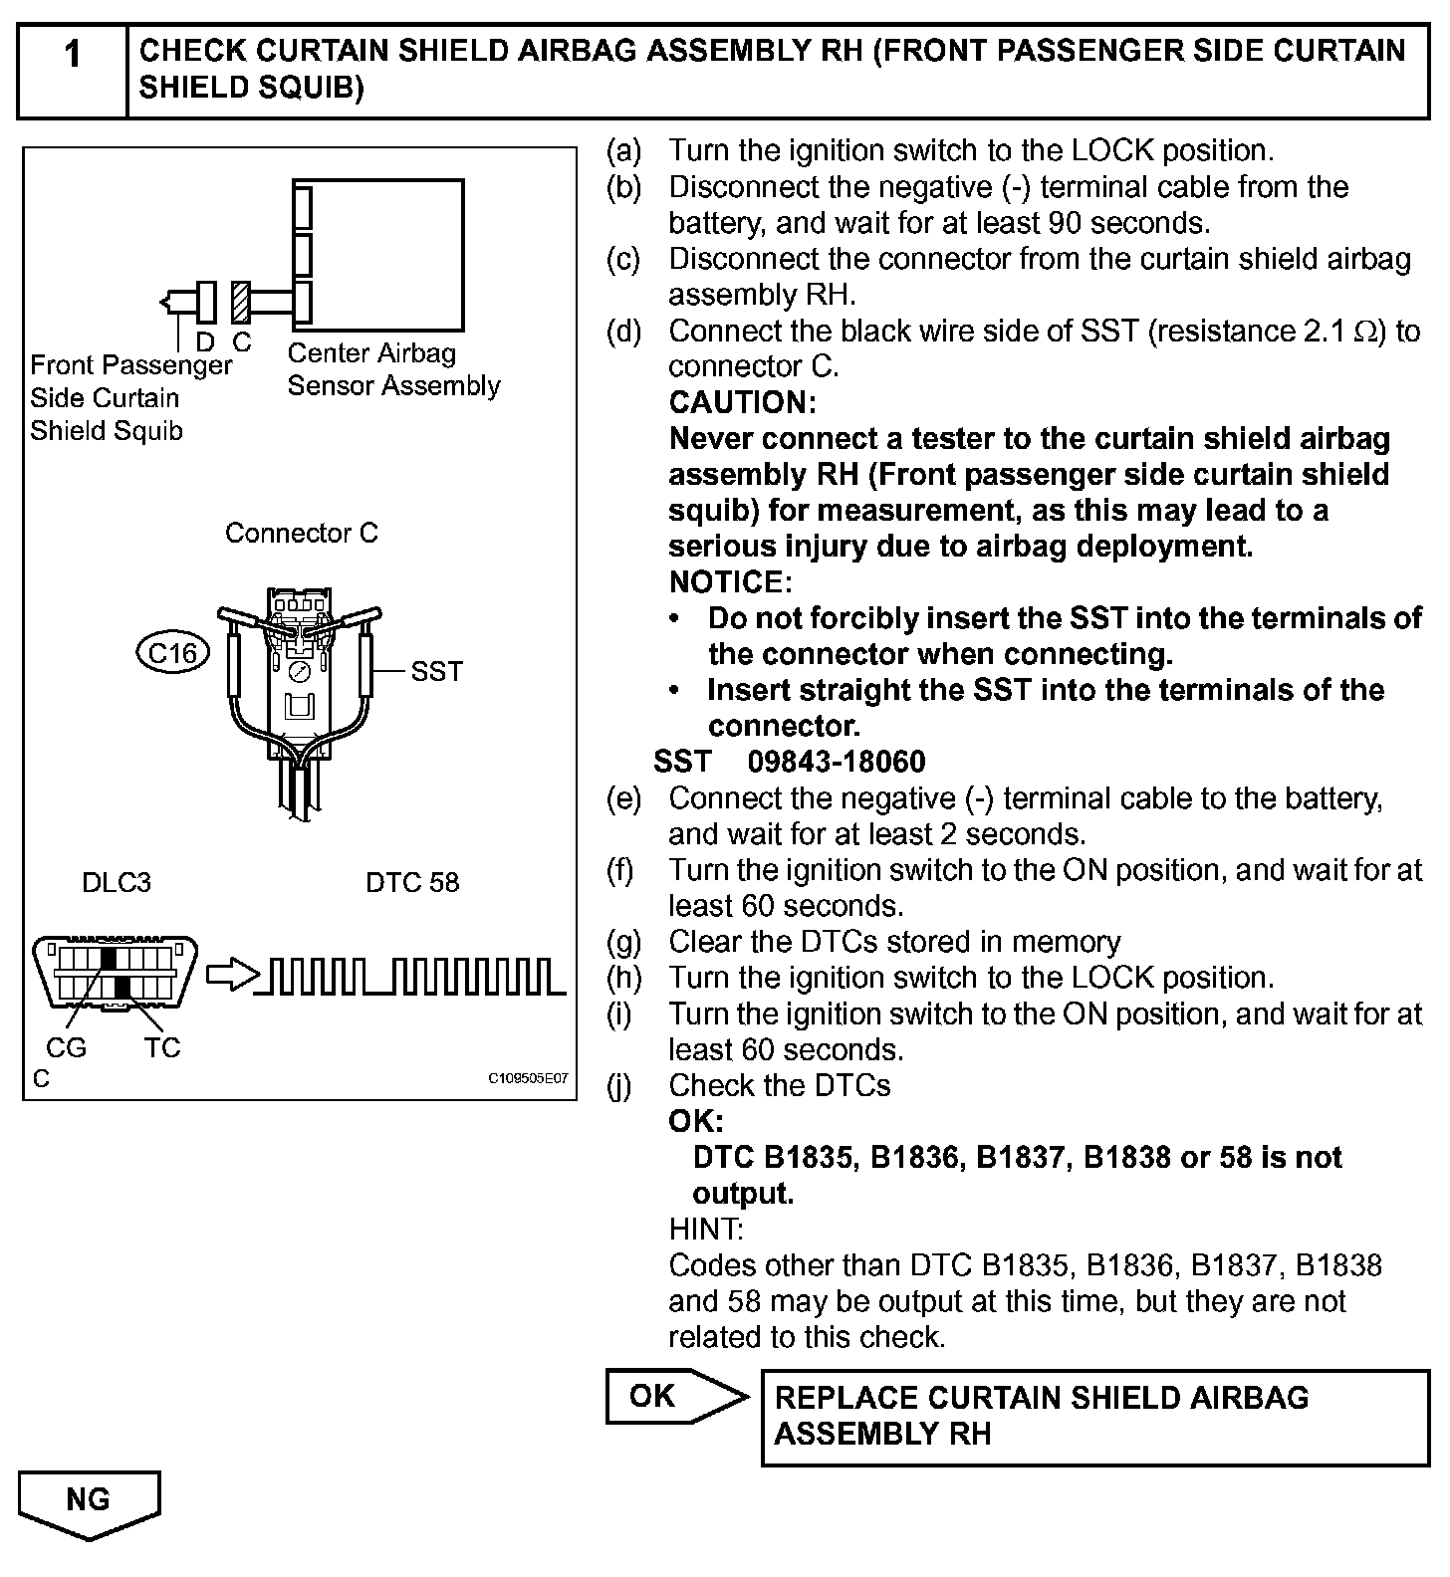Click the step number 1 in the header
[x=73, y=55]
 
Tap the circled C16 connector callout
[x=172, y=653]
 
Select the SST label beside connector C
[x=436, y=671]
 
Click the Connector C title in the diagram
[x=301, y=534]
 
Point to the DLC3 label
[x=117, y=883]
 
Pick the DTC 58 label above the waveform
[x=412, y=883]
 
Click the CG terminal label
[x=66, y=1047]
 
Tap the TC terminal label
[x=162, y=1047]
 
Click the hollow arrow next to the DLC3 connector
[x=230, y=975]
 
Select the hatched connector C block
[x=240, y=301]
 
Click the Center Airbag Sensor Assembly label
[x=393, y=369]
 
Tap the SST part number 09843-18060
[x=837, y=762]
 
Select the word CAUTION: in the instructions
[x=742, y=403]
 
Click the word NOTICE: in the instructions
[x=730, y=582]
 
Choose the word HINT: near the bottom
[x=706, y=1230]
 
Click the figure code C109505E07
[x=528, y=1078]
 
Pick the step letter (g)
[x=624, y=942]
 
